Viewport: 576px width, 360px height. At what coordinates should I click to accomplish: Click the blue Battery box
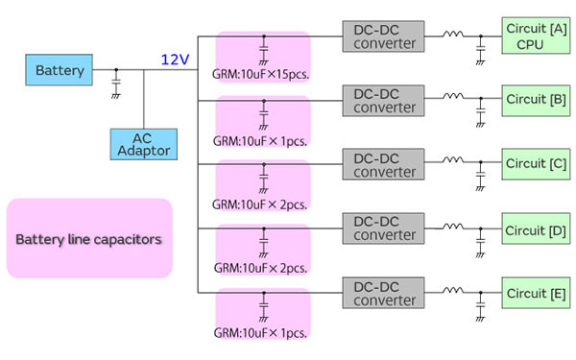point(60,70)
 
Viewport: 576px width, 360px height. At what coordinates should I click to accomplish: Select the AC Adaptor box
point(143,145)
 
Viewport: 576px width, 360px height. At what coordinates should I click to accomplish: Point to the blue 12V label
point(175,60)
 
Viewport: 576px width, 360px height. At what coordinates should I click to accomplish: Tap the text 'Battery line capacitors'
point(88,238)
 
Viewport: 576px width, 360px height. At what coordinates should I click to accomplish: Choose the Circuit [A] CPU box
point(534,36)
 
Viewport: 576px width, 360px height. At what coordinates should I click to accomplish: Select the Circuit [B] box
point(534,100)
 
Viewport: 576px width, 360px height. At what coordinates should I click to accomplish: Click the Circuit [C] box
point(534,164)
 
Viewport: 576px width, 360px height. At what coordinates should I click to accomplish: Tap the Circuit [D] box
point(534,229)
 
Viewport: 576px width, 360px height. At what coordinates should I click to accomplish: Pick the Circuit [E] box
point(534,292)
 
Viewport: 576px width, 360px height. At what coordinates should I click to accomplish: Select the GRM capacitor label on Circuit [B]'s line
point(262,139)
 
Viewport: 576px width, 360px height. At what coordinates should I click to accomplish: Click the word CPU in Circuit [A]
point(530,44)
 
